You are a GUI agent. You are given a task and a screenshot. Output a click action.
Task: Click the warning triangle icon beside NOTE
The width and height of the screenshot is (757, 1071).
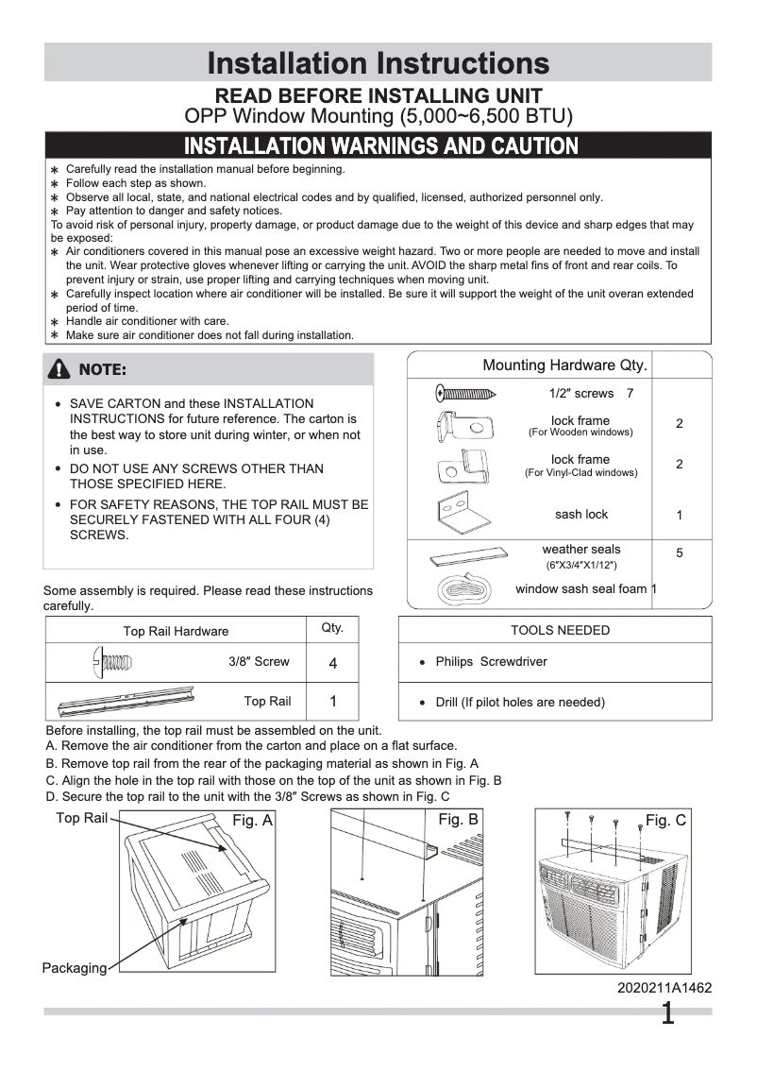click(62, 369)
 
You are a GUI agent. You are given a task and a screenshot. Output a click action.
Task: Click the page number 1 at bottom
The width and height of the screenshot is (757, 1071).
click(667, 1014)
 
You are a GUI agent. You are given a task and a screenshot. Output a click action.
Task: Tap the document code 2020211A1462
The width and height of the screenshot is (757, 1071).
click(664, 988)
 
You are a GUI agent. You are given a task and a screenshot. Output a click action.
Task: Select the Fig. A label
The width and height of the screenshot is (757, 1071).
click(252, 822)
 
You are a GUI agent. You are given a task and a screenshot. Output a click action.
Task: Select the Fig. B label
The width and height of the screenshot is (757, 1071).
click(459, 820)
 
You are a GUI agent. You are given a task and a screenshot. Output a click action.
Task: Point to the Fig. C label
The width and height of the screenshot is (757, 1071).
click(665, 821)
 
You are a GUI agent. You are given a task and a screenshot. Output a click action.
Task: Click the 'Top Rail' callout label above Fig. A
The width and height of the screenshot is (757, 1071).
click(81, 818)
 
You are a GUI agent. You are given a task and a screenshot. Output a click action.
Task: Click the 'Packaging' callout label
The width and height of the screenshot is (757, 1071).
click(74, 968)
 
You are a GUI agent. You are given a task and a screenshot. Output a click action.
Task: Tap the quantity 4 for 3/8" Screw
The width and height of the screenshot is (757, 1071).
click(333, 664)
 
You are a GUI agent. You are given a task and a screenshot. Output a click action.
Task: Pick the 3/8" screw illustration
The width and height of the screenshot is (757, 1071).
click(112, 662)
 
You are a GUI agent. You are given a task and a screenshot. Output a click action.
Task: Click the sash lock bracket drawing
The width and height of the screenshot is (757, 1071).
click(463, 515)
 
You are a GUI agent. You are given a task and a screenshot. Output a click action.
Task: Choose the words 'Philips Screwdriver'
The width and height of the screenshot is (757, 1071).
click(491, 662)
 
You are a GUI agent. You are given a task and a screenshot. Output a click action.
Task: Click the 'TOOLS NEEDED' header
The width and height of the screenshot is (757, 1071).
click(560, 630)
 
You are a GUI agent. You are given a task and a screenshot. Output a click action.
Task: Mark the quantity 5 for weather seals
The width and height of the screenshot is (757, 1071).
click(680, 552)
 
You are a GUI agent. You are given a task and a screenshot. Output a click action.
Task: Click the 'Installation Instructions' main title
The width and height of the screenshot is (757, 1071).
click(378, 63)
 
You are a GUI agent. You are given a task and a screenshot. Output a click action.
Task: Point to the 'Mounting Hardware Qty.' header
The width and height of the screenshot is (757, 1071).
click(564, 365)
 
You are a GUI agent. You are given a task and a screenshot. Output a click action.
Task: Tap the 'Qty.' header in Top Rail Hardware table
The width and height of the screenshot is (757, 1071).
click(332, 628)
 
